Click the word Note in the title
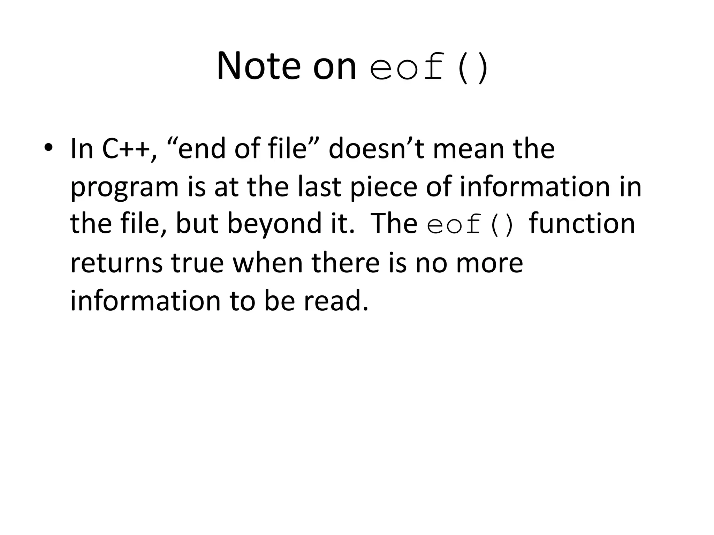click(258, 66)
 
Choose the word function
click(582, 224)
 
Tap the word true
click(197, 263)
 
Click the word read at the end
click(335, 301)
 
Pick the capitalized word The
click(394, 224)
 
